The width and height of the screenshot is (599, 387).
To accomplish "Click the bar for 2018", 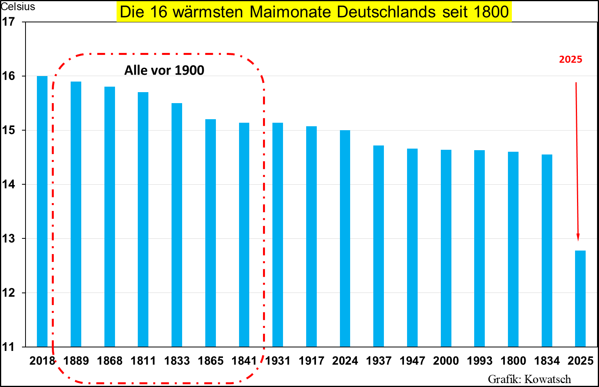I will (42, 211).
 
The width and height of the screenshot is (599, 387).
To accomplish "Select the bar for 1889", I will (76, 214).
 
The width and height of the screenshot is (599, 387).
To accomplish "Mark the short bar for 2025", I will (580, 298).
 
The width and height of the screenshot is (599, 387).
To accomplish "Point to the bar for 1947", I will (412, 247).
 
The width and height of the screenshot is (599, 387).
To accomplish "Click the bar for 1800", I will (513, 249).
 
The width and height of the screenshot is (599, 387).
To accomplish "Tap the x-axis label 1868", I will (110, 361).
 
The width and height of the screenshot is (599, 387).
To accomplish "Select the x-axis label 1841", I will (244, 361).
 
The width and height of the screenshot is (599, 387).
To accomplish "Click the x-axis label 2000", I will (446, 361).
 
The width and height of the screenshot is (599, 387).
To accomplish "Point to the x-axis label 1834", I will (547, 361).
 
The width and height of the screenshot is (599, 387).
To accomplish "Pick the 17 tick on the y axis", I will (8, 22).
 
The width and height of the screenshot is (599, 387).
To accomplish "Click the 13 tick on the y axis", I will (8, 238).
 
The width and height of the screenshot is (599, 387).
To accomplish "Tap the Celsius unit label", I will (18, 7).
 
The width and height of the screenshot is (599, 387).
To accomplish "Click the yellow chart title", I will (314, 12).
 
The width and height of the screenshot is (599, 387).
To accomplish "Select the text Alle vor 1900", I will (164, 70).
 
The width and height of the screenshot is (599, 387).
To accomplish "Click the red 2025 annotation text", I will (570, 59).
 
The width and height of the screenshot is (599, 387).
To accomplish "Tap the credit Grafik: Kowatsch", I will (529, 379).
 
